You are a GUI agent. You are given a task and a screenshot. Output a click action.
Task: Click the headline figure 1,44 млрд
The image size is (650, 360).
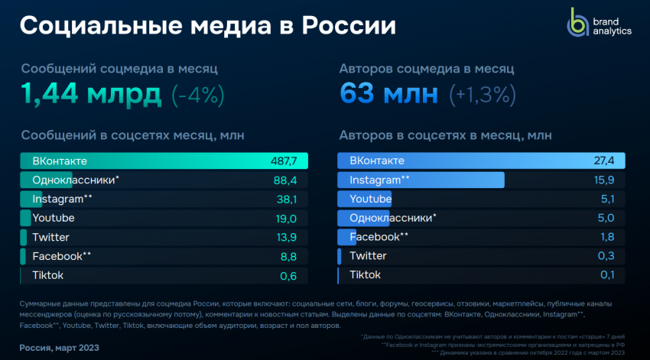click(91, 96)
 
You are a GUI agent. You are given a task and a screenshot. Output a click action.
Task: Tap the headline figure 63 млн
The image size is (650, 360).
click(388, 96)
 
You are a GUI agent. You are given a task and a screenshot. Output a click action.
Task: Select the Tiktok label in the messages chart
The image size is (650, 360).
click(47, 275)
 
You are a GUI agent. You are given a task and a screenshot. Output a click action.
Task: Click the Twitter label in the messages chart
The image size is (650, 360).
click(51, 237)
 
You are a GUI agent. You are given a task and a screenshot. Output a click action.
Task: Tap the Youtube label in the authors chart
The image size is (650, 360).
click(371, 199)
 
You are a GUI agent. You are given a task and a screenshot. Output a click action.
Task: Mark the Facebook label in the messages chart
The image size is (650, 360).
click(57, 256)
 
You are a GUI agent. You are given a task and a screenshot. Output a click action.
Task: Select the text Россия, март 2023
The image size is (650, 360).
click(60, 348)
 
